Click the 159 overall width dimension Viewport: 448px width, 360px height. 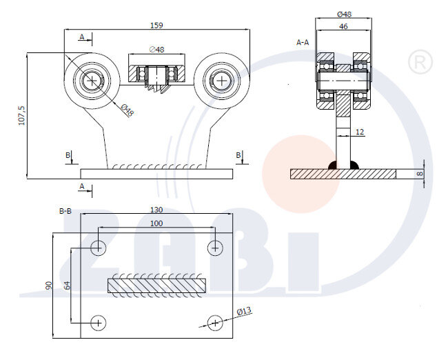[x=157, y=26]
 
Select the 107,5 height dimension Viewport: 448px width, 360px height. [x=21, y=114]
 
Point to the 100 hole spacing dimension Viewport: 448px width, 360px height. [x=157, y=223]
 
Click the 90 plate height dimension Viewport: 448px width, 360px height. [x=49, y=286]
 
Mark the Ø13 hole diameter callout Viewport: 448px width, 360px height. [x=244, y=312]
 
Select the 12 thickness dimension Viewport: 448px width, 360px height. [x=360, y=131]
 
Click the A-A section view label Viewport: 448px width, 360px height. [x=302, y=42]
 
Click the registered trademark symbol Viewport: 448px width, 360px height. [x=417, y=63]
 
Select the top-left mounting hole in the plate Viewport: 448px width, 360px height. [x=99, y=246]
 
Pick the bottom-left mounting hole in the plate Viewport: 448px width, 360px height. [x=99, y=321]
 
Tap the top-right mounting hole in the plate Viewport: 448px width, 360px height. [x=216, y=246]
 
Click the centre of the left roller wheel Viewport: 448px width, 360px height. [x=92, y=80]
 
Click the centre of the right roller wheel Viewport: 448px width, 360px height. [x=221, y=80]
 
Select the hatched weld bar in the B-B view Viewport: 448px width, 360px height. [x=156, y=284]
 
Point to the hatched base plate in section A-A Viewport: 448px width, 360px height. [x=343, y=174]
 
